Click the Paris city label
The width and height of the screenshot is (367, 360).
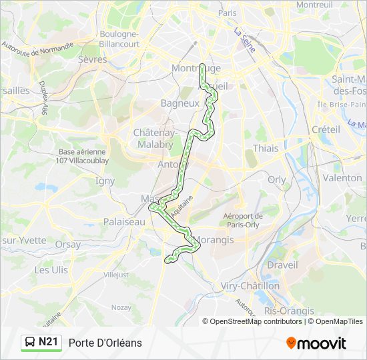click(x=228, y=13)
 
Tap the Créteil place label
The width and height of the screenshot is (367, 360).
click(x=326, y=129)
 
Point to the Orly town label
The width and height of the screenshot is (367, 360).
click(x=277, y=179)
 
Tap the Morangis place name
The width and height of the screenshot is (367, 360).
click(x=214, y=240)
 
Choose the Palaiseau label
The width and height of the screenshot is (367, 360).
click(x=124, y=221)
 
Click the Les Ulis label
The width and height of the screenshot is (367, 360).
click(x=51, y=270)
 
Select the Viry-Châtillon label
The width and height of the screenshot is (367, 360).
click(x=250, y=285)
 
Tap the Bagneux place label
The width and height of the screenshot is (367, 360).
click(x=179, y=103)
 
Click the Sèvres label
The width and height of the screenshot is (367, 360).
click(x=93, y=59)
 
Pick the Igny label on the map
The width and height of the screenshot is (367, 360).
click(x=105, y=180)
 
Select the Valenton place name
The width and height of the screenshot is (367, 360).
click(x=341, y=178)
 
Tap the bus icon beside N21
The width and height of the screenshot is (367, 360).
click(x=31, y=343)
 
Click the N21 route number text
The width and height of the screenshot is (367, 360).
click(x=49, y=343)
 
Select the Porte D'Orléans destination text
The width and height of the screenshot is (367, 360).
click(x=105, y=343)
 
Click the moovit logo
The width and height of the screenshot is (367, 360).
click(x=316, y=343)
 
